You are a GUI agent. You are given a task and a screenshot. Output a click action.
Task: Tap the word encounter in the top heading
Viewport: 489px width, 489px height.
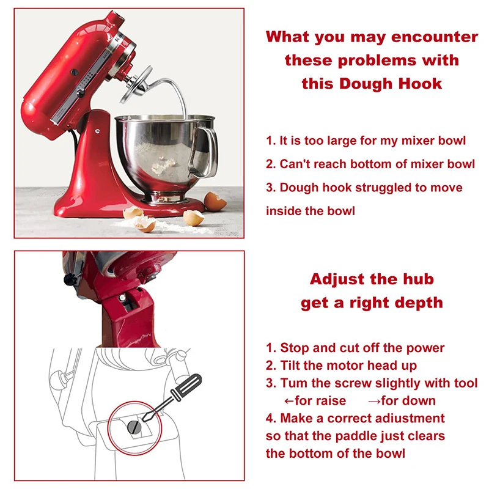click(x=435, y=37)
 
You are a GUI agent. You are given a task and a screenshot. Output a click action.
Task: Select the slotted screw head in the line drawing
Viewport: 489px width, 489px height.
click(x=134, y=427)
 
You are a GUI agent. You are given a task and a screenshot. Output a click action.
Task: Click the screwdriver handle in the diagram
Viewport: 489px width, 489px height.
click(x=186, y=388)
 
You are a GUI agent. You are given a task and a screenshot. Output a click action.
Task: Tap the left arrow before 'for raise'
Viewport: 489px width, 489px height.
click(x=289, y=401)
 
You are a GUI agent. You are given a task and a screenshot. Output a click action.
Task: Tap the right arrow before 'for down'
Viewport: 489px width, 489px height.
click(x=374, y=401)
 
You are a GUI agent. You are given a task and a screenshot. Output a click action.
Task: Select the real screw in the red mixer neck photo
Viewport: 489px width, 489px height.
click(x=123, y=298)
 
